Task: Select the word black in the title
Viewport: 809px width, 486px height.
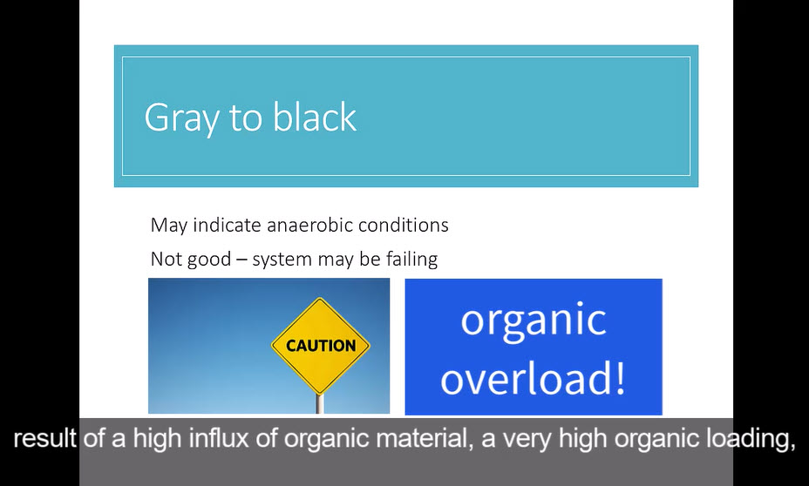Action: [314, 117]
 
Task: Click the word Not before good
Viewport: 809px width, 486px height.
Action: [167, 259]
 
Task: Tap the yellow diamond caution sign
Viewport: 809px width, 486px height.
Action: [321, 346]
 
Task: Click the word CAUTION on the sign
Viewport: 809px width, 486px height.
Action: [321, 345]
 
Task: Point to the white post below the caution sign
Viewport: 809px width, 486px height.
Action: [320, 404]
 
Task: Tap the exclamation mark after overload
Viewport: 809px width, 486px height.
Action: [621, 377]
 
